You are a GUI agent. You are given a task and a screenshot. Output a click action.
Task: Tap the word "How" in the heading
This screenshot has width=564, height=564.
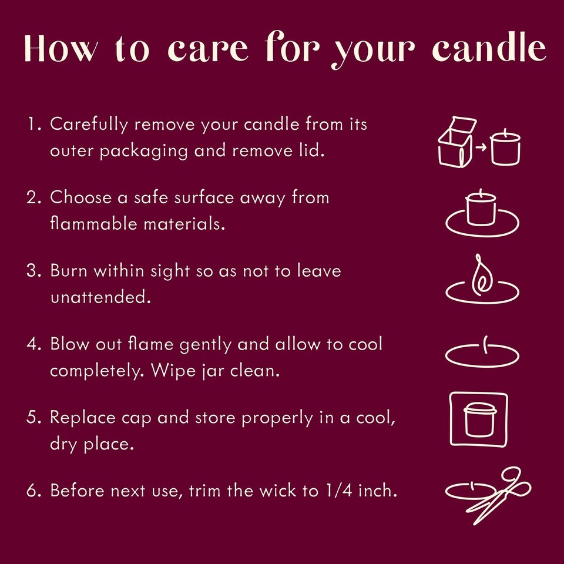click(61, 49)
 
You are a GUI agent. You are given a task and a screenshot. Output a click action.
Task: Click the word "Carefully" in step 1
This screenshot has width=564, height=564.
click(89, 125)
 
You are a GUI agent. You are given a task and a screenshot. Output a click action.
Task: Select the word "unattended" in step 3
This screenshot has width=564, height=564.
click(100, 297)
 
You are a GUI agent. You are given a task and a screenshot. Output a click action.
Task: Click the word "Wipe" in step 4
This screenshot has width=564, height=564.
click(173, 371)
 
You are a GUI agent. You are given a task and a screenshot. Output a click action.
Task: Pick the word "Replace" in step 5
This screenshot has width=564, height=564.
click(82, 418)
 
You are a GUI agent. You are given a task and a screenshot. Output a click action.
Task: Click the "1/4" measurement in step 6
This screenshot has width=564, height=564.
click(339, 490)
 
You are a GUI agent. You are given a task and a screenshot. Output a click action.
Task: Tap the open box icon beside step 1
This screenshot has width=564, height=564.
click(455, 142)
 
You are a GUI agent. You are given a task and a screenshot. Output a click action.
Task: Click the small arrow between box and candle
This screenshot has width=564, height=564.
click(481, 147)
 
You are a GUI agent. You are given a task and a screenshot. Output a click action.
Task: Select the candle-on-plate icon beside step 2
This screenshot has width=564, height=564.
click(482, 214)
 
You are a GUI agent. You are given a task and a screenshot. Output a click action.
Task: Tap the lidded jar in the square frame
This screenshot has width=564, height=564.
click(480, 419)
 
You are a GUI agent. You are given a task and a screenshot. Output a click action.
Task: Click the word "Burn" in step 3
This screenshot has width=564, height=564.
click(68, 270)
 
